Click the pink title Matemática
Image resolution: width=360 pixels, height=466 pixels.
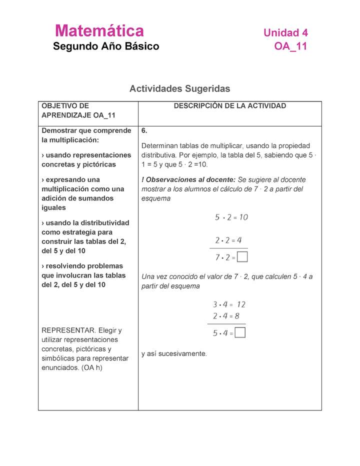(x=99, y=31)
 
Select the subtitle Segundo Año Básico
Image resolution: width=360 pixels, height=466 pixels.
(x=106, y=46)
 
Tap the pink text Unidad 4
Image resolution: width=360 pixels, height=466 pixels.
(x=285, y=33)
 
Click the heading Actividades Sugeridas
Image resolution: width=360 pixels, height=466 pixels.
(x=179, y=88)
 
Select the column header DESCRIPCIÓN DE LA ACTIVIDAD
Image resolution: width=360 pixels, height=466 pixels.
(x=229, y=106)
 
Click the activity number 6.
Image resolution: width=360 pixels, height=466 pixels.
(x=144, y=130)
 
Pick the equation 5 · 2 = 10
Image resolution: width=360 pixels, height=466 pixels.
(x=231, y=217)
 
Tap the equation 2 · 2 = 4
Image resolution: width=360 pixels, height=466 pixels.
(x=228, y=240)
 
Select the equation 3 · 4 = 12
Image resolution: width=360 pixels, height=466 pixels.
(x=229, y=304)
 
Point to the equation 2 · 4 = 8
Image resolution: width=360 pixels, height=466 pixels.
(x=226, y=316)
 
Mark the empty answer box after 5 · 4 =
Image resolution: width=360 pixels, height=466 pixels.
(x=240, y=333)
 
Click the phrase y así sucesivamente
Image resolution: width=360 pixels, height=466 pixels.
(x=173, y=353)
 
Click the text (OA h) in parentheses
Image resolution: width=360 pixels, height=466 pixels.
(x=91, y=368)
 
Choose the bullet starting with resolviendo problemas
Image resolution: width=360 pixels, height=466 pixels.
(x=82, y=275)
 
